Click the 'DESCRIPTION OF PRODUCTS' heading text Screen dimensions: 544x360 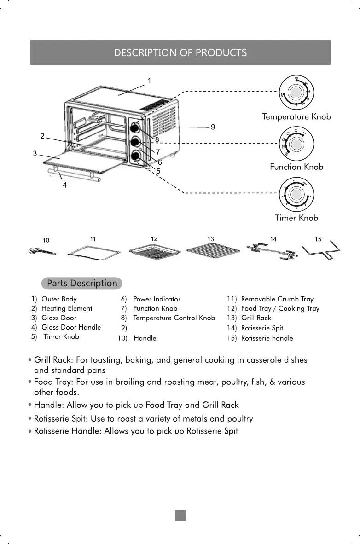click(x=180, y=52)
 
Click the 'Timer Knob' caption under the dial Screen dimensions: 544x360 click(x=296, y=218)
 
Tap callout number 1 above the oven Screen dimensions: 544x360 click(x=149, y=81)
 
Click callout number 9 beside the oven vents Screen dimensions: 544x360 click(x=213, y=127)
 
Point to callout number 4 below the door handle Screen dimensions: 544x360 click(x=64, y=185)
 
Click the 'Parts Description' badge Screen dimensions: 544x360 click(x=82, y=283)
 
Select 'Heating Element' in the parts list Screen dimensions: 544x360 click(x=67, y=308)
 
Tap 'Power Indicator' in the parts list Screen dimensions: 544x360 click(x=157, y=299)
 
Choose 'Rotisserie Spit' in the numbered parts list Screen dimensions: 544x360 click(x=262, y=328)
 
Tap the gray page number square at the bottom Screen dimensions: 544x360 click(x=180, y=516)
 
